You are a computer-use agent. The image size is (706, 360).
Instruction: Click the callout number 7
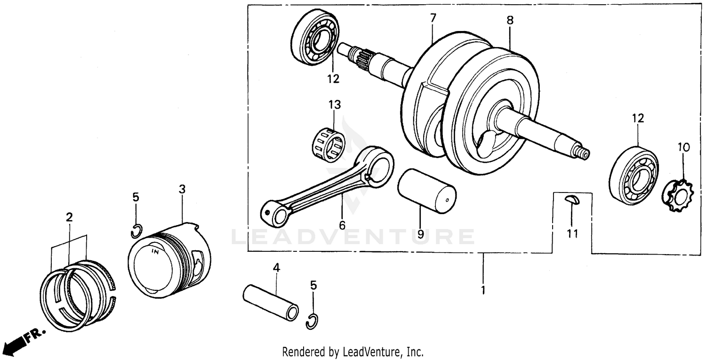click(x=433, y=18)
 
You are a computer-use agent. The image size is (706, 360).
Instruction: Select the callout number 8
click(x=510, y=20)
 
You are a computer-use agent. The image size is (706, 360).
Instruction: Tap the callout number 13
click(x=335, y=104)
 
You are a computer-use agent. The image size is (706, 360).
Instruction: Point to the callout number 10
click(x=683, y=147)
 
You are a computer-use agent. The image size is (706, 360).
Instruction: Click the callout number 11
click(x=572, y=233)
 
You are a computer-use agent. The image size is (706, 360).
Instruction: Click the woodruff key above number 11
click(x=571, y=200)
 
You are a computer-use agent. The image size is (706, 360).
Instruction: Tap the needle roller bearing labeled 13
click(x=328, y=142)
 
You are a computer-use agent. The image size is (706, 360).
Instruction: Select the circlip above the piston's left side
click(x=136, y=231)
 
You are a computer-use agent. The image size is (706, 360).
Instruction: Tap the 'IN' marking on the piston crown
click(x=154, y=252)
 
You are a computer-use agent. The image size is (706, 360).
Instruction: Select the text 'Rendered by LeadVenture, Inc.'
click(x=353, y=352)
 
